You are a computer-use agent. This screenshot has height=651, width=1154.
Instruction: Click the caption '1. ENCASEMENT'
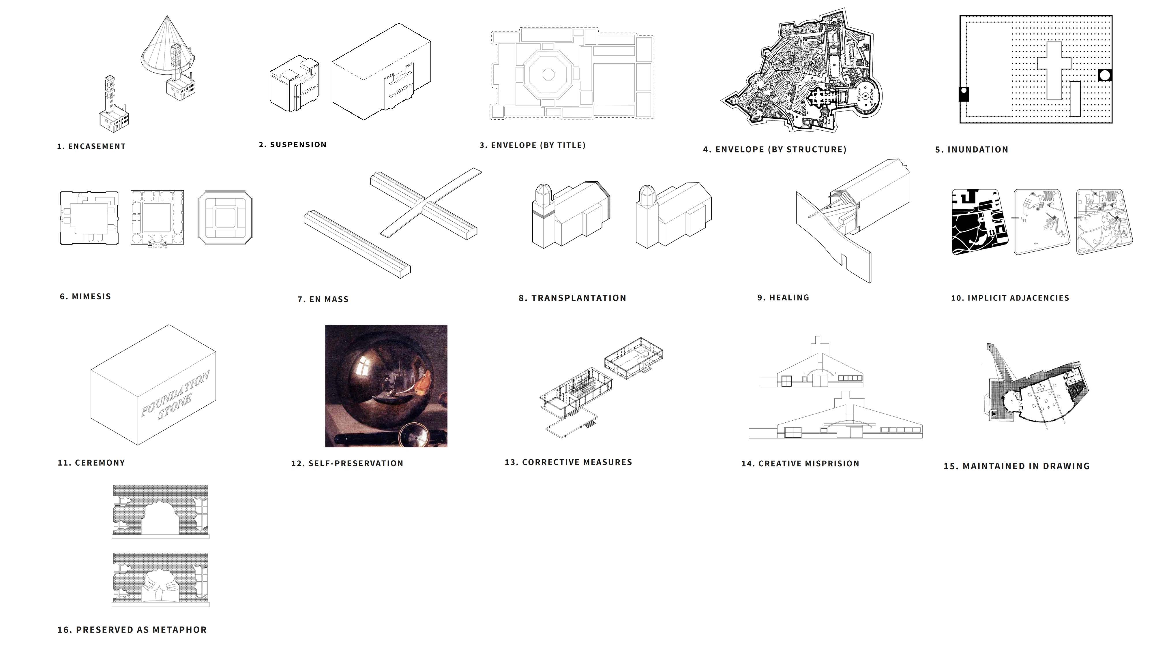[91, 146]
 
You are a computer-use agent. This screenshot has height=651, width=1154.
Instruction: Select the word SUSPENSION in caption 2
[298, 145]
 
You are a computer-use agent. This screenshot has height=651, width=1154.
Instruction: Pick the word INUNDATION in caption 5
[978, 150]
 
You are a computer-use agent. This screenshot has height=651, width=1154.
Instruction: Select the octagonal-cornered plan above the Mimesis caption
[225, 218]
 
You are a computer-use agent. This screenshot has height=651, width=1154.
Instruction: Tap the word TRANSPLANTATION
[579, 298]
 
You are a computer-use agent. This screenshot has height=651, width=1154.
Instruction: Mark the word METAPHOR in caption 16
[180, 630]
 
